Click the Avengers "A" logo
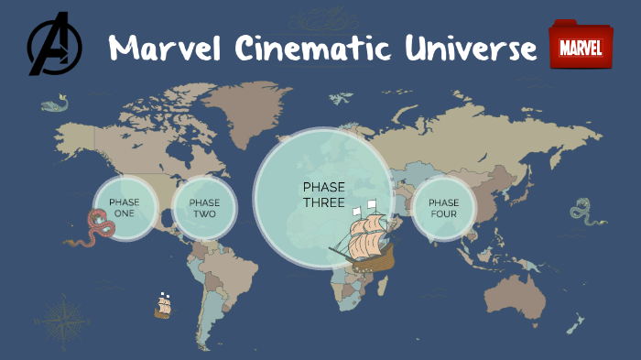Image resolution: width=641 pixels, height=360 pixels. (x=54, y=45)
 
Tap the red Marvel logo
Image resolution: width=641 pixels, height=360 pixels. (x=579, y=47)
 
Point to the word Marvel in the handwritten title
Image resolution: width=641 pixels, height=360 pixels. (x=165, y=48)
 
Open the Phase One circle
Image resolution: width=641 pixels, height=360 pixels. (x=125, y=207)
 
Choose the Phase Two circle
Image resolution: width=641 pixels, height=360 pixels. (x=204, y=207)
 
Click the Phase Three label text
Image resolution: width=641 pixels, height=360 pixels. (x=323, y=194)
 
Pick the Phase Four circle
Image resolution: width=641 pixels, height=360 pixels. (x=443, y=208)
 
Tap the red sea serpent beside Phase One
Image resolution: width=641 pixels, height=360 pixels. (x=92, y=229)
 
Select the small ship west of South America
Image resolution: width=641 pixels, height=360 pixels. (x=164, y=306)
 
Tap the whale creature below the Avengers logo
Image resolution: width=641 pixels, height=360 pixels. (x=55, y=105)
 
